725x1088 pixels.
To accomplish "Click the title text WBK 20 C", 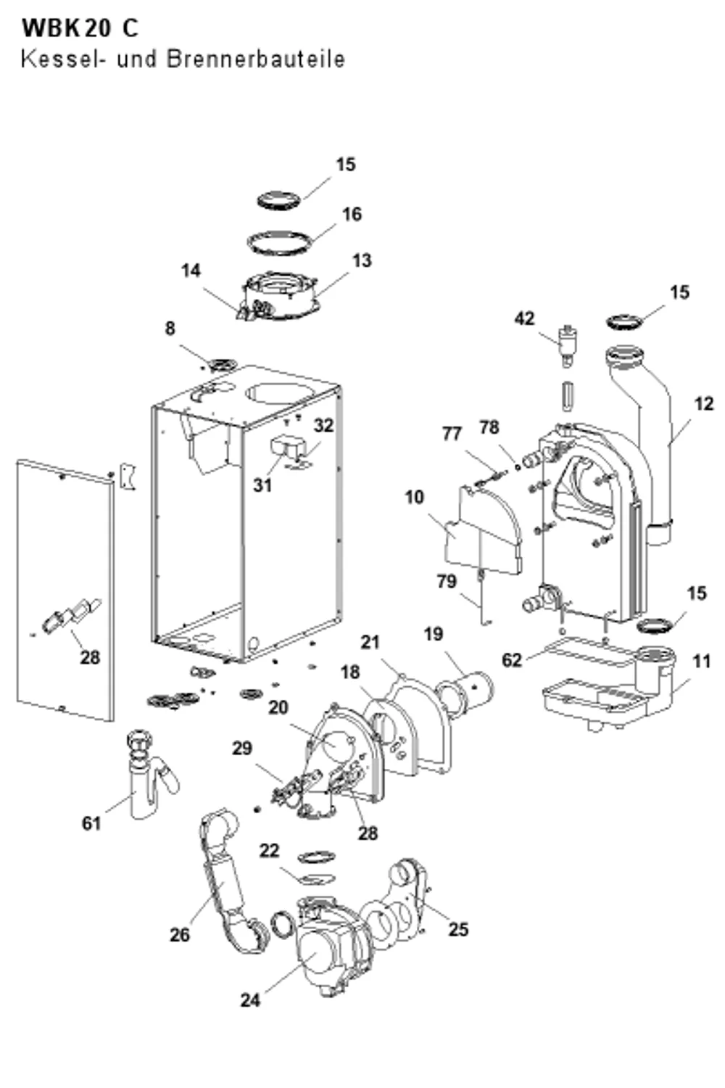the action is click(x=80, y=29).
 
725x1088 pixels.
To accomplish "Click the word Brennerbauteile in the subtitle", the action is click(x=256, y=59).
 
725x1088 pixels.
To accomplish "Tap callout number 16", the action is click(x=352, y=214).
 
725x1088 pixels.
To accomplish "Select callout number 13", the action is click(x=362, y=260).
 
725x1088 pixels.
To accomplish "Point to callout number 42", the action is click(x=524, y=318).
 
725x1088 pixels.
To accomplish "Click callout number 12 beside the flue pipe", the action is click(x=704, y=403).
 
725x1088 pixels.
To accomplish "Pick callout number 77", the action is click(x=452, y=433).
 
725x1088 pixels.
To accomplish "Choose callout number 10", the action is click(x=415, y=497).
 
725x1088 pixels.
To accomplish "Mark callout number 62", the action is click(x=512, y=660).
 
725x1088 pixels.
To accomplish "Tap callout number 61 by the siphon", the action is click(x=91, y=823).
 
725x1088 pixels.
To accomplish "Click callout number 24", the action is click(x=250, y=1000).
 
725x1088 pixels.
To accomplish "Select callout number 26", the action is click(x=180, y=934).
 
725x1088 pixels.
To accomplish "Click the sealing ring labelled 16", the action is click(x=279, y=242).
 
